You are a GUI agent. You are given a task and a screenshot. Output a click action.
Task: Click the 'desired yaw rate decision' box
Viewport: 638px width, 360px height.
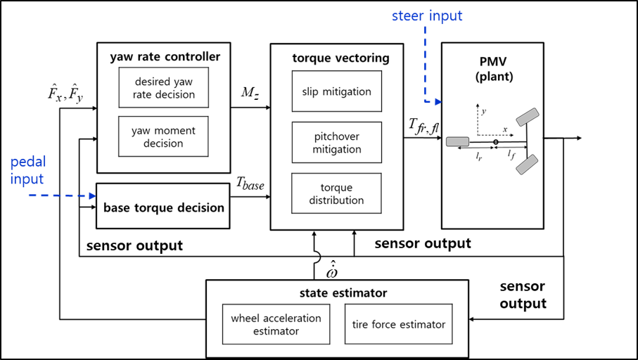(163, 87)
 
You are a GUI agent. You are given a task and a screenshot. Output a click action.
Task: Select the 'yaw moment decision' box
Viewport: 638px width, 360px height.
(163, 136)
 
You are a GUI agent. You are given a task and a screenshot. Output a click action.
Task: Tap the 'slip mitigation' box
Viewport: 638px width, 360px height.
(336, 91)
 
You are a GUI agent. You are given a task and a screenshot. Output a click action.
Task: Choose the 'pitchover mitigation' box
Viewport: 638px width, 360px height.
(336, 142)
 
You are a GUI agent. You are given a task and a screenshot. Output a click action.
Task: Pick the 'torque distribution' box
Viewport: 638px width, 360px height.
(336, 193)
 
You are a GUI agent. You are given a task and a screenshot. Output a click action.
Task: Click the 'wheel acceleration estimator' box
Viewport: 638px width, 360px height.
(276, 324)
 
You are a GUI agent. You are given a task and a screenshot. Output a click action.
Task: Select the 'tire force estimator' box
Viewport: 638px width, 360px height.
(398, 324)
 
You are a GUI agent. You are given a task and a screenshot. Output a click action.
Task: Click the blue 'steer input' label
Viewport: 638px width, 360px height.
(427, 16)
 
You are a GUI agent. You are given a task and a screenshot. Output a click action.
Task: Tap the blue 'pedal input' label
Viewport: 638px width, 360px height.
(28, 171)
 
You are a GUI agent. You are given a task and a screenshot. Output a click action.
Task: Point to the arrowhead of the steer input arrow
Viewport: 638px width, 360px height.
(438, 102)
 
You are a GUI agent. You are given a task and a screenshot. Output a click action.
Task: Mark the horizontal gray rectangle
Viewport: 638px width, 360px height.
(457, 141)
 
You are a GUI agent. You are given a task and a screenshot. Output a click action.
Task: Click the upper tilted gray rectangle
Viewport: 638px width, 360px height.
(527, 117)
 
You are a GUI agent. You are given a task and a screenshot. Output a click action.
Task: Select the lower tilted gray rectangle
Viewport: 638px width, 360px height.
(527, 165)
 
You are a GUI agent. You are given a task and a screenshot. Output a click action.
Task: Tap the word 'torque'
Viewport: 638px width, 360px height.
(336, 188)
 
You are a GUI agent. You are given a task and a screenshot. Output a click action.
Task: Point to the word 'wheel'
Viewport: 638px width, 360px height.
(245, 318)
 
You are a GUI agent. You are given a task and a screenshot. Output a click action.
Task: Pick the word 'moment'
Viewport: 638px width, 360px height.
(172, 130)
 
